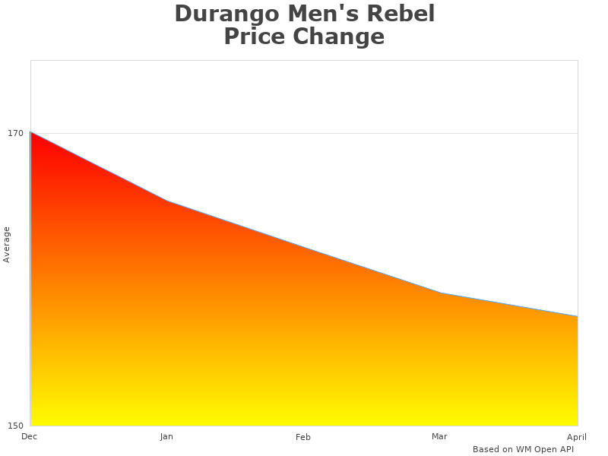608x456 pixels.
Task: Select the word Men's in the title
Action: pos(318,14)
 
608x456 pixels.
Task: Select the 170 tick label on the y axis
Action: pos(16,134)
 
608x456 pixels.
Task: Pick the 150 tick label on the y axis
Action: pos(16,425)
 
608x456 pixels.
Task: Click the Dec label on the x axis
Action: pos(30,436)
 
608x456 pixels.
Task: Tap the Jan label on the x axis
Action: pos(166,437)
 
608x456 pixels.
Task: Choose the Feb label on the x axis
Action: pos(303,437)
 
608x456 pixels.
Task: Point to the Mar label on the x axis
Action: pos(439,436)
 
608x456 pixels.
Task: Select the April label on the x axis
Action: pos(577,437)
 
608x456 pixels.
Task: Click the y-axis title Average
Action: pos(7,245)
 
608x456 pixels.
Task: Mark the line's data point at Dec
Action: pos(31,132)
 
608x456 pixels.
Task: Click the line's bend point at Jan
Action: pos(167,201)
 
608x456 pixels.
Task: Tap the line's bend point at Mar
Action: pos(440,293)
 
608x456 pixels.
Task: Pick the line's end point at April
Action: pos(577,316)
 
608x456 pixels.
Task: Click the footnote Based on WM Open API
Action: pos(523,449)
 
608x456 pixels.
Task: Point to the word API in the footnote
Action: pos(566,449)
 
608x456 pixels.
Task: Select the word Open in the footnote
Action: pos(544,449)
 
